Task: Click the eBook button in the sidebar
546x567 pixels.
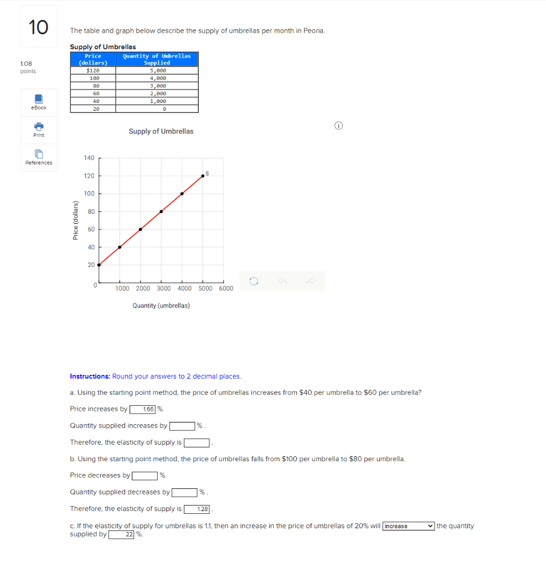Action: [39, 102]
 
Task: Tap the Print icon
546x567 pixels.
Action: [39, 130]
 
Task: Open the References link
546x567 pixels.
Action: [39, 157]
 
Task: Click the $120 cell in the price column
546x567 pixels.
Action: [93, 70]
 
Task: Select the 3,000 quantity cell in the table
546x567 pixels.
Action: [158, 86]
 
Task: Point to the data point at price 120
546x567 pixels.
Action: [203, 176]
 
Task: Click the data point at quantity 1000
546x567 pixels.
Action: [120, 247]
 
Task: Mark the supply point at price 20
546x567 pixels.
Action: [99, 265]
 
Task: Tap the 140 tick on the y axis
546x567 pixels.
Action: [89, 158]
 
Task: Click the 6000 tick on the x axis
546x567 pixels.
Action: [226, 288]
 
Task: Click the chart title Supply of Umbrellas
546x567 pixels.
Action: [161, 131]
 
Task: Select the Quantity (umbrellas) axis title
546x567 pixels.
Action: [161, 306]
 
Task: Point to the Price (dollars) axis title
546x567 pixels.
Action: [76, 220]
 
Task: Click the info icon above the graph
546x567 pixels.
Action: [338, 126]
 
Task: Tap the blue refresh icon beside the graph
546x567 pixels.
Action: [254, 281]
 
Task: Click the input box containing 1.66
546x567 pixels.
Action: [143, 409]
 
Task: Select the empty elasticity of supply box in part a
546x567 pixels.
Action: [197, 442]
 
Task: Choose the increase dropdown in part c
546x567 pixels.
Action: [408, 526]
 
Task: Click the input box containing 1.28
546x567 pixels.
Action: [197, 509]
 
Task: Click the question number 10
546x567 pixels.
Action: [39, 27]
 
